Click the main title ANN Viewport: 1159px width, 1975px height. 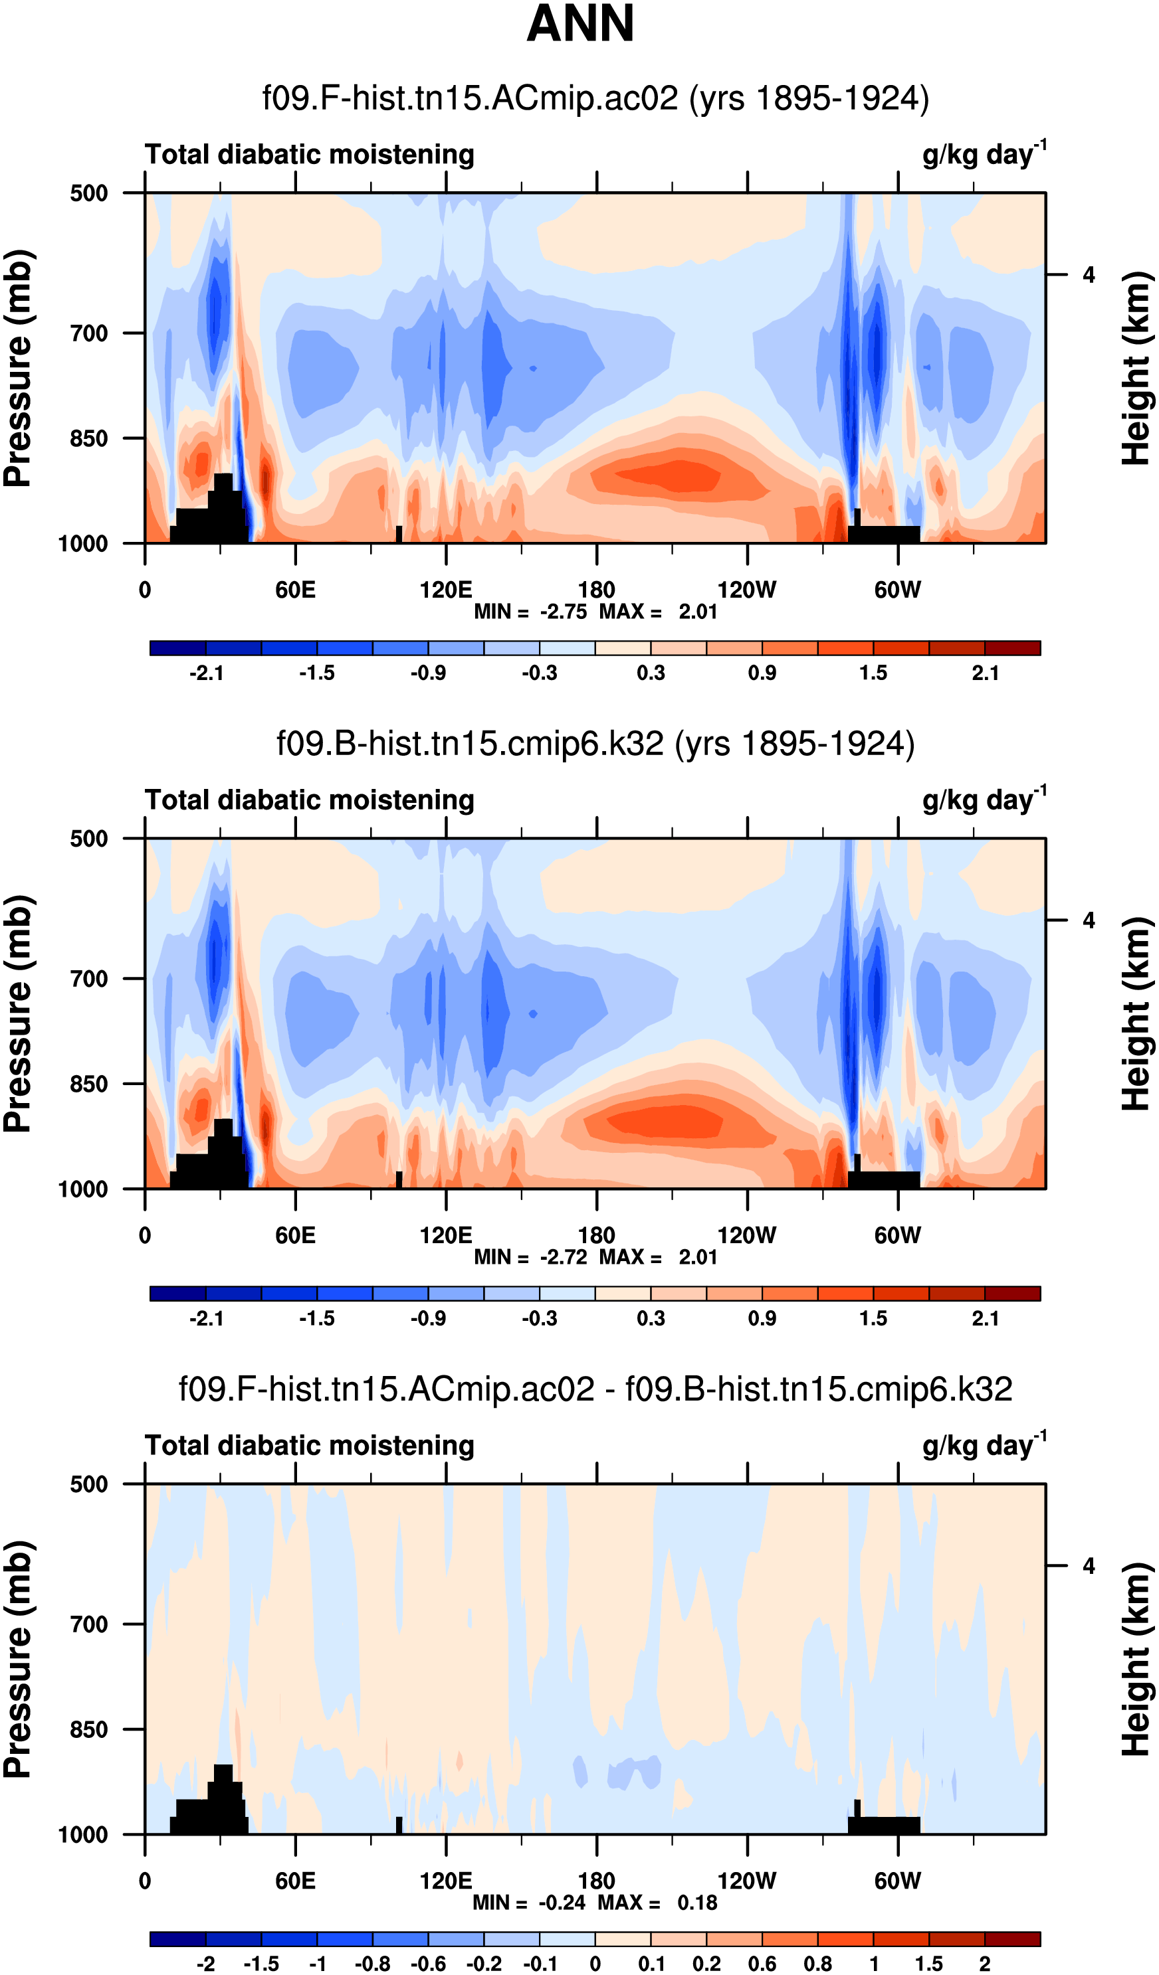(x=579, y=23)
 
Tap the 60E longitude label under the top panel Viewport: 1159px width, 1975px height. (x=295, y=590)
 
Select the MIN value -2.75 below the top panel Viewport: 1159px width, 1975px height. (x=563, y=612)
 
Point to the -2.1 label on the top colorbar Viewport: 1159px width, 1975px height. (x=206, y=673)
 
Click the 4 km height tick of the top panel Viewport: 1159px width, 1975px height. (x=1089, y=275)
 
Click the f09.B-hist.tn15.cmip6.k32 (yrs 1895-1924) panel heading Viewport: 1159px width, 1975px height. (x=595, y=743)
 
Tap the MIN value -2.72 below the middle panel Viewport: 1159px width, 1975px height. (x=563, y=1258)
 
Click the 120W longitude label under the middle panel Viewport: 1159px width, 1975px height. (x=746, y=1236)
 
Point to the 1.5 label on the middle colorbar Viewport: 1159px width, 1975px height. (x=873, y=1319)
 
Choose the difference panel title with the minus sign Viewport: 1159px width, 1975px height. (x=595, y=1389)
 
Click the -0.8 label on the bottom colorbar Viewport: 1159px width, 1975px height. (x=372, y=1964)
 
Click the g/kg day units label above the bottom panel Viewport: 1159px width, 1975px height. (x=984, y=1446)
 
